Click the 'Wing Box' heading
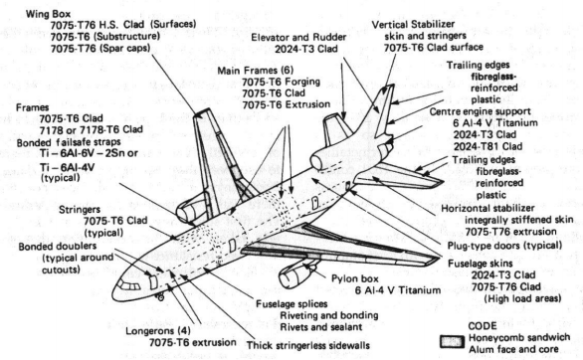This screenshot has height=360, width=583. coord(48,14)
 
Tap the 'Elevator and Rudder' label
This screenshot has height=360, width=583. coord(298,37)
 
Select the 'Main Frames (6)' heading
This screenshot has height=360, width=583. coord(256,71)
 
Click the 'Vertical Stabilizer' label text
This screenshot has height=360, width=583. coord(413,25)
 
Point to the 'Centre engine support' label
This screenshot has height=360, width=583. coord(480,111)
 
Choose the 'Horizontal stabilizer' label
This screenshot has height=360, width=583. coord(487,208)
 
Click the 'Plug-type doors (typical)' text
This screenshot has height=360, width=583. coord(504,246)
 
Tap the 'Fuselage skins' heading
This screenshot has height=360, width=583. coord(480,264)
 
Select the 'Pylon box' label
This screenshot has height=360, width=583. coord(355,278)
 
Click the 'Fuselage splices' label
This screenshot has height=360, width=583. coord(291,304)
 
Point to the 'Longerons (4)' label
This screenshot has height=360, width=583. coord(158,330)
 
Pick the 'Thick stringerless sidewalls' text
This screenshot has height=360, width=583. coord(308,345)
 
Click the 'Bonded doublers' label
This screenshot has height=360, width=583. coord(58,247)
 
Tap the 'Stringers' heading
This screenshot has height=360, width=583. coord(80,210)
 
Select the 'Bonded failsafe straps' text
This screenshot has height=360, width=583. coord(69,142)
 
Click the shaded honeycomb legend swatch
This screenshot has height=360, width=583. coord(452,342)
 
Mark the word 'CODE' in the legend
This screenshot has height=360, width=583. coord(483,326)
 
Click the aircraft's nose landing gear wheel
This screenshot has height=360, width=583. coord(161,297)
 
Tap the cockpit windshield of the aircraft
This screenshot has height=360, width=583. coord(129,285)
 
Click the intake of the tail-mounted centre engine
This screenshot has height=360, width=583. coord(316,162)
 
